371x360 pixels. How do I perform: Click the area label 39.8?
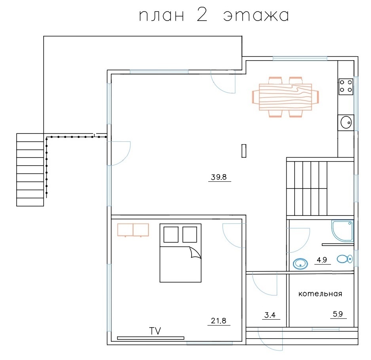coord(219,177)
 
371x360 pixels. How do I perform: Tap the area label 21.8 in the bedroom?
coord(219,321)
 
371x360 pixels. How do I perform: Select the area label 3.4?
coord(270,315)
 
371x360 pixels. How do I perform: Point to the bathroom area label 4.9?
coord(322,260)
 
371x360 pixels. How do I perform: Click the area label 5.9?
coord(338,314)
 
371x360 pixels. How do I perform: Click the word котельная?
coord(320,294)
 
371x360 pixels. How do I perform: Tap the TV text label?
coord(155,331)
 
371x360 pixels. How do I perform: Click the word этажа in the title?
coord(256,16)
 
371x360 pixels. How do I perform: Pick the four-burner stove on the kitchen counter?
coord(346,87)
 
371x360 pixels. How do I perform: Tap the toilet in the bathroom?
coord(345,259)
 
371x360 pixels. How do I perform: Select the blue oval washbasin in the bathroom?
coord(301,264)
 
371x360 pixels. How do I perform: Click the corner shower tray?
coord(342,231)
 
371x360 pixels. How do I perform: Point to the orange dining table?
coord(285,97)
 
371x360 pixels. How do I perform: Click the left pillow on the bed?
coord(171,234)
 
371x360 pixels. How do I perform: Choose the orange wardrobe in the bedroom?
coord(133,230)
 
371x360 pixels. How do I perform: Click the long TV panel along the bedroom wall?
coord(151,338)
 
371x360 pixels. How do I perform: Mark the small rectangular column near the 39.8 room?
coord(244,151)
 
